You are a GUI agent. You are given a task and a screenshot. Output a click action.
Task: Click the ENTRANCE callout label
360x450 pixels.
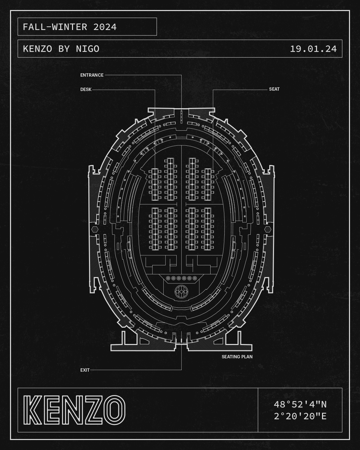[92, 75]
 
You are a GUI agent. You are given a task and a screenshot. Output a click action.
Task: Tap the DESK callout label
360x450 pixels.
[86, 89]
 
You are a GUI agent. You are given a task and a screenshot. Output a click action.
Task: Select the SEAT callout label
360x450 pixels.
[274, 89]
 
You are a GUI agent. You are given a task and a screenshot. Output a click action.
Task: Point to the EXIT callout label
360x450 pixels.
[85, 370]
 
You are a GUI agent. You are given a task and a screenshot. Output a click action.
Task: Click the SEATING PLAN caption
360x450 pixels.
[237, 357]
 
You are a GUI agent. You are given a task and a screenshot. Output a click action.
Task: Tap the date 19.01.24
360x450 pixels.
[313, 49]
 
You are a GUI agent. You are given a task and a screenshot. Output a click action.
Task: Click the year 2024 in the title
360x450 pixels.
[105, 27]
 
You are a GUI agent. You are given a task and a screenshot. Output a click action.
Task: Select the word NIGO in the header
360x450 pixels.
[87, 49]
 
